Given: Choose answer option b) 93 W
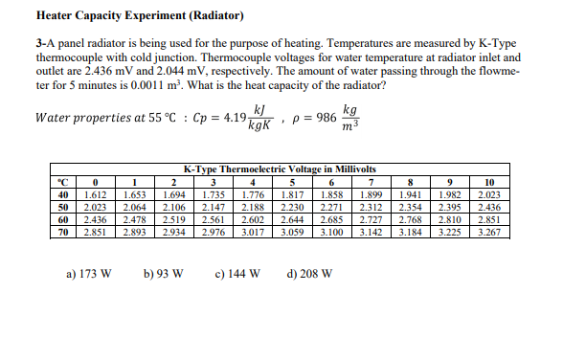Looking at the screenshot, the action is (x=163, y=273).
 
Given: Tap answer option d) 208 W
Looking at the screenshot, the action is (x=310, y=273).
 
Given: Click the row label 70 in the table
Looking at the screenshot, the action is (x=60, y=232).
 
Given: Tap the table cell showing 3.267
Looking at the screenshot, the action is (x=488, y=232).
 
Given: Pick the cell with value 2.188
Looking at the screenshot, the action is (x=252, y=207).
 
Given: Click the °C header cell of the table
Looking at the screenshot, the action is (x=60, y=181).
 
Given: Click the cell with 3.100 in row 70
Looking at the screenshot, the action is (x=331, y=232).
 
